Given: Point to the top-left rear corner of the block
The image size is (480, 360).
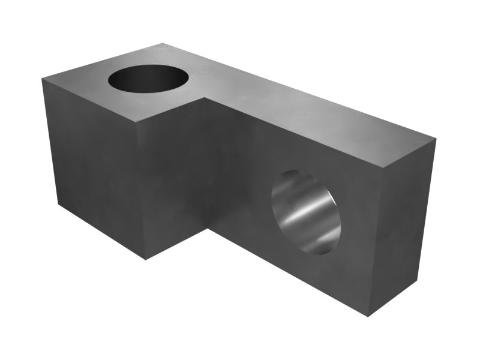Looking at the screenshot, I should (41, 79).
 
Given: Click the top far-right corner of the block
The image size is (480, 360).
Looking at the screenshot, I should (436, 140).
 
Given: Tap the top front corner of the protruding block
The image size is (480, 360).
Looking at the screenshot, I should (137, 122).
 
